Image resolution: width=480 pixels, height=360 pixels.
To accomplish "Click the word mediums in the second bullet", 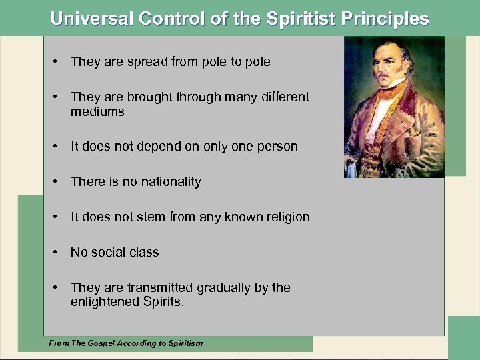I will click(97, 111).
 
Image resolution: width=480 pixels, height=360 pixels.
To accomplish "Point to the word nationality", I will click(169, 181).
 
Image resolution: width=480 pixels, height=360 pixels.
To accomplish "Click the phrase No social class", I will click(115, 252).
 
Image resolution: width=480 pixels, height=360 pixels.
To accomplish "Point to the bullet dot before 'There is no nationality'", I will click(58, 181).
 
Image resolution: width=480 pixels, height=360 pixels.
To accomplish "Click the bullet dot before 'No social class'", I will click(58, 252).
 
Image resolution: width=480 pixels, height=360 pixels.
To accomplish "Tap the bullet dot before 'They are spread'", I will click(58, 61).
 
